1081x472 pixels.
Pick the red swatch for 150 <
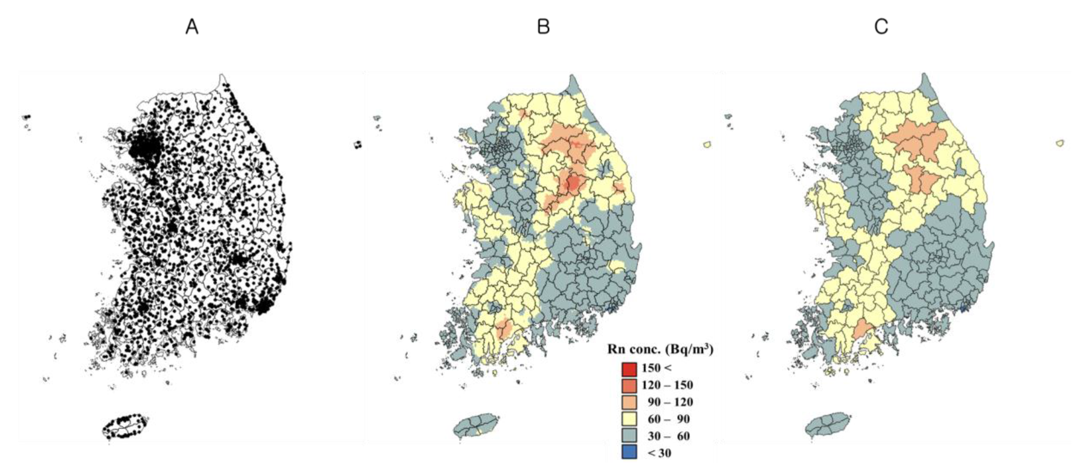[629, 368]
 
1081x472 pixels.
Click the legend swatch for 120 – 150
[629, 385]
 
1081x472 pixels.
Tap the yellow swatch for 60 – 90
[629, 419]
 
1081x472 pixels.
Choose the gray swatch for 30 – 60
[629, 436]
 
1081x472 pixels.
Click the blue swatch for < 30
[629, 453]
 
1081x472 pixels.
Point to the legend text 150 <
[656, 368]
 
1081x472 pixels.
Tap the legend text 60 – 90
[669, 419]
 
